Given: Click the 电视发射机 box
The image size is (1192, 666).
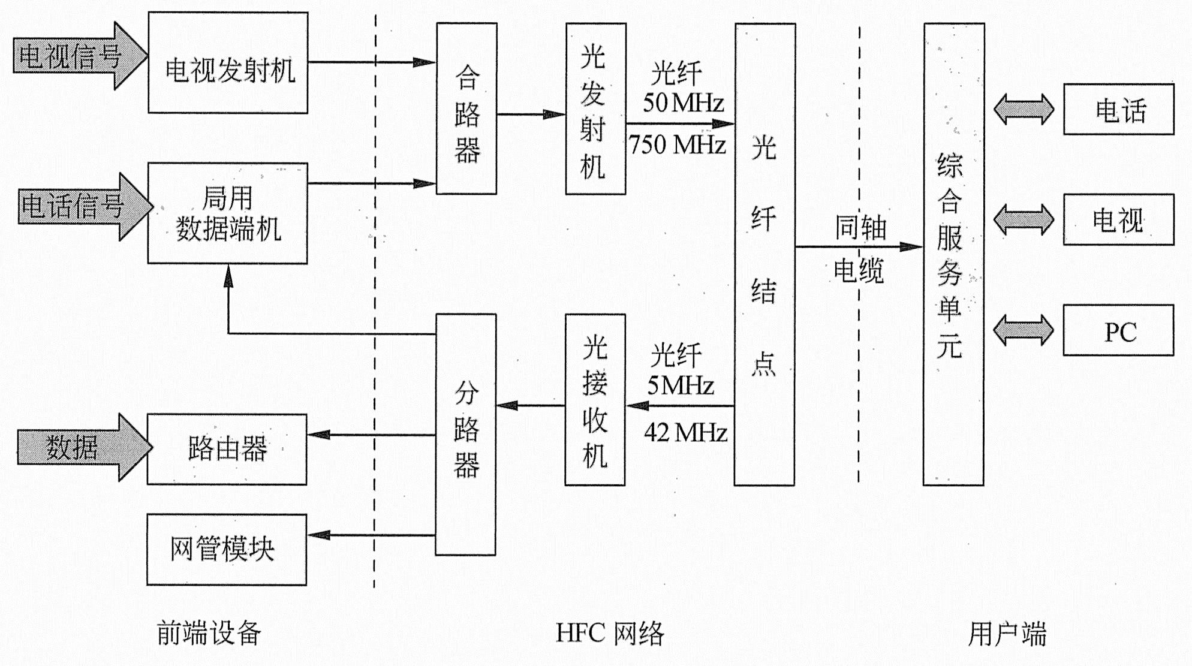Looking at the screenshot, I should coord(228,62).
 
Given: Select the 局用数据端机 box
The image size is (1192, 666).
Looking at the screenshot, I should coord(228,213).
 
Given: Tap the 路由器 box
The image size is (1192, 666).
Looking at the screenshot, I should coord(227,449).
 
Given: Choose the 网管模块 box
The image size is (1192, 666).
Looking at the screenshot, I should coord(227,549).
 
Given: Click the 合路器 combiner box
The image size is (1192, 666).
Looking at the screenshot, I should coord(466,109).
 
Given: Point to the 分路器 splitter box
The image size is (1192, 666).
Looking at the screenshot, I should coord(466,434).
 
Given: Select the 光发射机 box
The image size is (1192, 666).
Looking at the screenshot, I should coord(595,109).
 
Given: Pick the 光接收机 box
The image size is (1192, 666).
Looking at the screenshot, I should coord(595,399).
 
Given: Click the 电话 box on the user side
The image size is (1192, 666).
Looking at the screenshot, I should coord(1118,109).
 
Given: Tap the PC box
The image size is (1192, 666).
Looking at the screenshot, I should coord(1118,330).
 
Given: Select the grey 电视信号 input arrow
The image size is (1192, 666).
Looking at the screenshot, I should coord(78,56).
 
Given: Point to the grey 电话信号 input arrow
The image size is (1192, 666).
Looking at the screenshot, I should coord(81,207).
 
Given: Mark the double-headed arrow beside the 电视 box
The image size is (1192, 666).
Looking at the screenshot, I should coord(1024,219).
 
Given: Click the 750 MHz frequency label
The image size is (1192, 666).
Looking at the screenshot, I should coord(678,145).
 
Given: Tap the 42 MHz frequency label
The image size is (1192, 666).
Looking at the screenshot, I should coord(685,432).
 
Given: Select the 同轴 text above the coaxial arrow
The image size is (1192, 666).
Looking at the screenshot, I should coord(860,228).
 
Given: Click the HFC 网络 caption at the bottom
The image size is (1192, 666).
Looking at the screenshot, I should coord(610,634).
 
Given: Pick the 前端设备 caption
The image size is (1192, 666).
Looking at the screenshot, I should coord(209,634).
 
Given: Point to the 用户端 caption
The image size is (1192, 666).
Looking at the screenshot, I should coord(1007,634).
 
